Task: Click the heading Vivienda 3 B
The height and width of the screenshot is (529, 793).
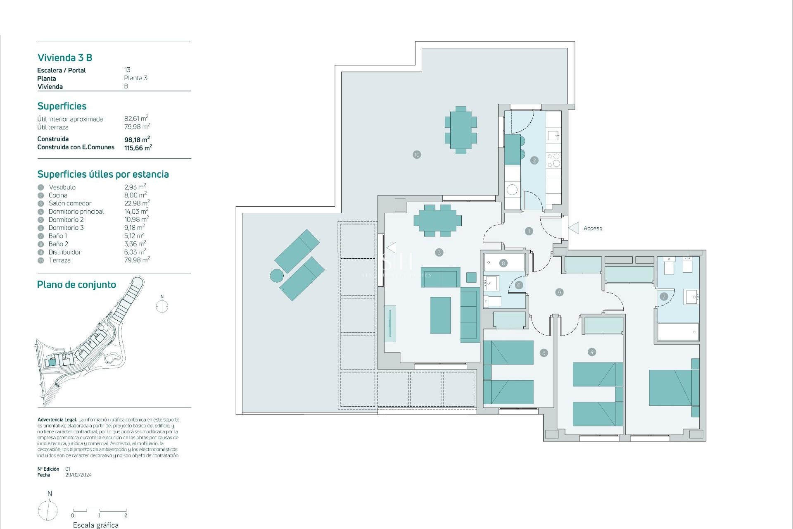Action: (x=65, y=58)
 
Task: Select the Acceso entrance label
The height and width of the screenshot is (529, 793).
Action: (x=593, y=229)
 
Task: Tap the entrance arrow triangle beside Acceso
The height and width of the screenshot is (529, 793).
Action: (x=574, y=228)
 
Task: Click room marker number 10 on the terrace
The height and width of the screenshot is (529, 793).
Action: (x=417, y=155)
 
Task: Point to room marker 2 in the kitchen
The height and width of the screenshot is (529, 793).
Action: (x=534, y=160)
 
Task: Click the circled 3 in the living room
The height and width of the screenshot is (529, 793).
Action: (x=439, y=252)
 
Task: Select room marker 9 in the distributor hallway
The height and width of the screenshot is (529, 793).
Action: (x=560, y=292)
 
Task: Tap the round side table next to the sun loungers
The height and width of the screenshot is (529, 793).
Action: (x=277, y=275)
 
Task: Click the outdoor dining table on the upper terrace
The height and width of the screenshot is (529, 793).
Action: (x=461, y=130)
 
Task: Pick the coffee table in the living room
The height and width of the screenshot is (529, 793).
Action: (x=440, y=315)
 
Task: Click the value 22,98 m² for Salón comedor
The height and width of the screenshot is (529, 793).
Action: (x=137, y=203)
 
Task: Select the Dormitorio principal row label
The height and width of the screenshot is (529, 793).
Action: (x=76, y=212)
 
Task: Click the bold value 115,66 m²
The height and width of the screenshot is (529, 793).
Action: (x=138, y=148)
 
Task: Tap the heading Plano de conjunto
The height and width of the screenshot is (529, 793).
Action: (x=76, y=285)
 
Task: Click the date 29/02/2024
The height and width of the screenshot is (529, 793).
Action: (x=78, y=475)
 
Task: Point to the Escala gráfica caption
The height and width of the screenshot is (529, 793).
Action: (x=96, y=525)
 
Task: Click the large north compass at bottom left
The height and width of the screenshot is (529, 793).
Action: (x=48, y=510)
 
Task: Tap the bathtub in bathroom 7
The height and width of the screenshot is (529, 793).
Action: (x=678, y=332)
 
